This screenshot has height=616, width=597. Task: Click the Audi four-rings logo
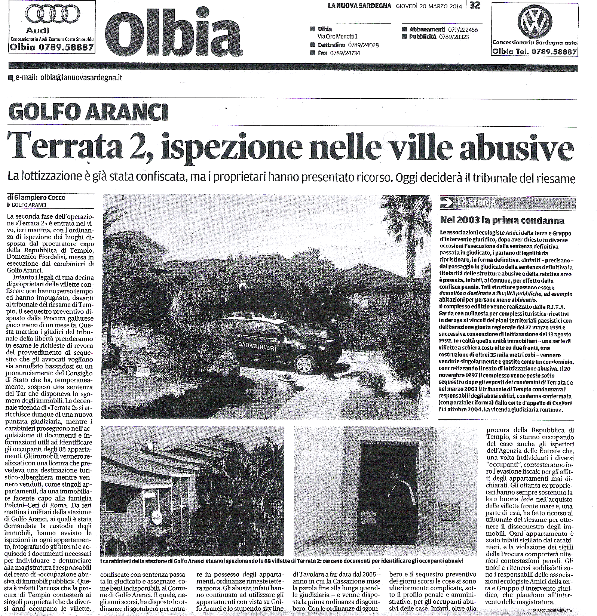coord(50,17)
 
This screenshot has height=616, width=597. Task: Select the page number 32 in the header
coord(475,5)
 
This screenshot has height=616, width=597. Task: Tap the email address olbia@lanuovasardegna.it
coord(81,78)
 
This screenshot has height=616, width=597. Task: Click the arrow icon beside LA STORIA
coord(446,203)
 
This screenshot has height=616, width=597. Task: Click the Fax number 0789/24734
coord(345,53)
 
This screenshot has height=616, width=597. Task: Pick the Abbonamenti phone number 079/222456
coord(462,30)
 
